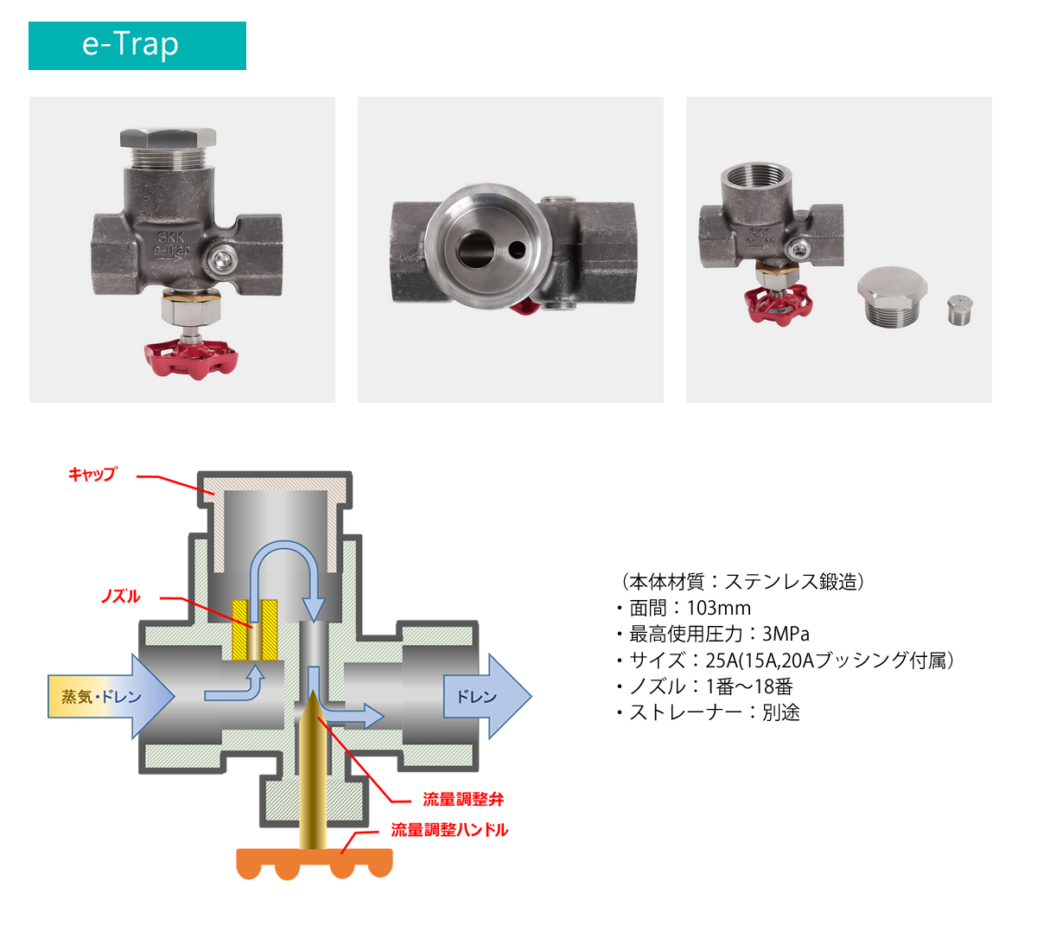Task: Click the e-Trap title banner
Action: click(137, 46)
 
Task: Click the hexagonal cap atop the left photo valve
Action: click(168, 137)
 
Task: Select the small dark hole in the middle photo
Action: click(517, 250)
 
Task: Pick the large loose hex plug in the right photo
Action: click(894, 298)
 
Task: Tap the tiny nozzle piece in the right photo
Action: click(960, 310)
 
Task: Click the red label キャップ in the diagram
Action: click(92, 474)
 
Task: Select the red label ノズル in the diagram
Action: click(120, 597)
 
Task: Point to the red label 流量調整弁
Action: click(463, 800)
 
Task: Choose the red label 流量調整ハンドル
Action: click(449, 830)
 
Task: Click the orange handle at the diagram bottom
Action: click(315, 863)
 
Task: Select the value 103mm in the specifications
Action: click(718, 608)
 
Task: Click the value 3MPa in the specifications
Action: click(785, 634)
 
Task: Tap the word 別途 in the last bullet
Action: click(780, 712)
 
